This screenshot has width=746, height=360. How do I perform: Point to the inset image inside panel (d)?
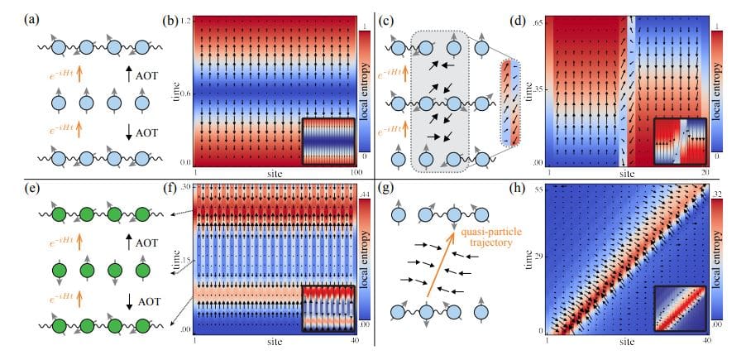pos(680,142)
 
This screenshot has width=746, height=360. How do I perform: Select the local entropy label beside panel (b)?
pos(375,91)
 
